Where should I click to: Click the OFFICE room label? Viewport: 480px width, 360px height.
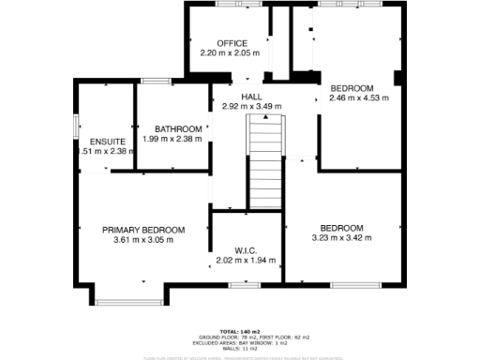[x=232, y=44]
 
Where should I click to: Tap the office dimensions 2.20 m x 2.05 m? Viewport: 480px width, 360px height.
[x=232, y=53]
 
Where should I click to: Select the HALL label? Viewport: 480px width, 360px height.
[x=251, y=97]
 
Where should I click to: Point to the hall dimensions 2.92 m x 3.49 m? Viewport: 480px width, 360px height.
[x=251, y=106]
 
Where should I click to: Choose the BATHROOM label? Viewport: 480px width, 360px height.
[x=178, y=129]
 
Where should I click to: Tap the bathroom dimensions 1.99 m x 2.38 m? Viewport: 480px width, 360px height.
[x=173, y=140]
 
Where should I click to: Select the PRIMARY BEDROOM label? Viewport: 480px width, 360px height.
[x=143, y=230]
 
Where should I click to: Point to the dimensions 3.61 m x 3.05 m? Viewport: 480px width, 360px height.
[x=143, y=240]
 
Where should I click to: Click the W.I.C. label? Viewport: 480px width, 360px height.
[x=246, y=249]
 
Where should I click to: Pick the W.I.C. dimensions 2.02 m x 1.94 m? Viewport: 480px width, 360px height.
[x=246, y=260]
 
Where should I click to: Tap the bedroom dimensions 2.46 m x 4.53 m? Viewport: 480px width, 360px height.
[x=358, y=97]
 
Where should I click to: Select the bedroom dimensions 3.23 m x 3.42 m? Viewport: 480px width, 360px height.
[x=341, y=238]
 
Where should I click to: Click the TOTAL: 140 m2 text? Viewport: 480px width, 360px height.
[x=240, y=332]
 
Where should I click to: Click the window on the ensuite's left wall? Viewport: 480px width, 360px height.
[x=76, y=126]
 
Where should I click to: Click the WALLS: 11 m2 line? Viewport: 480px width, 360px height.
[x=240, y=348]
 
